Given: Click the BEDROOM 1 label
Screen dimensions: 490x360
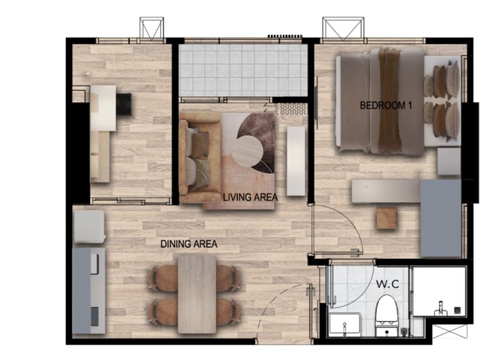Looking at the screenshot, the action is [x=385, y=105].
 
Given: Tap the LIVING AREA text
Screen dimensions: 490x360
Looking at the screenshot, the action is [x=250, y=197].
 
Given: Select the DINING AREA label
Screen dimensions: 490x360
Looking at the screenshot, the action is [x=189, y=244].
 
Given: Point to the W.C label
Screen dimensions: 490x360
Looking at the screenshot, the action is [x=387, y=284].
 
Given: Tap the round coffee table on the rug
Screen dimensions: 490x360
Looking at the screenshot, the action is [x=247, y=151].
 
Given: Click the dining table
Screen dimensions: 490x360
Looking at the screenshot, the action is [x=197, y=294].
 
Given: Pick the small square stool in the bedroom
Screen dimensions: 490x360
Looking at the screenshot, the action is [x=387, y=218].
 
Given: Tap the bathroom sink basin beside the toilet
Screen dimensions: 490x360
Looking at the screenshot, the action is [x=345, y=325].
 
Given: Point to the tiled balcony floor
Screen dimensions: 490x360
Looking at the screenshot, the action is [x=243, y=71].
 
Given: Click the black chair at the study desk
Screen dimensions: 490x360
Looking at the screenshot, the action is [x=124, y=104].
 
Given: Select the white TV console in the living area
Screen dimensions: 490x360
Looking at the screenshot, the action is [x=296, y=161].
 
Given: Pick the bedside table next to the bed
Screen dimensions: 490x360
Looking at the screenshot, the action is [x=449, y=161].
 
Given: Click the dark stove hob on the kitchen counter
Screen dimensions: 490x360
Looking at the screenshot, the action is [x=95, y=317].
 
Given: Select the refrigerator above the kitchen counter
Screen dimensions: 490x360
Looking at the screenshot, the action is [x=89, y=227].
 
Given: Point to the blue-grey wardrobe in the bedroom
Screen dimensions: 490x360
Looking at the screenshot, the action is [x=440, y=218].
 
